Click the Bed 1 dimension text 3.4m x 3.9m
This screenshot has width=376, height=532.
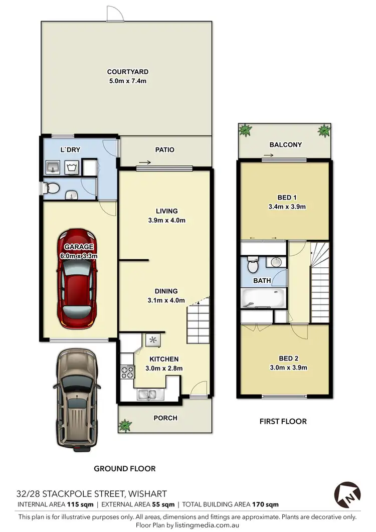coord(285,206)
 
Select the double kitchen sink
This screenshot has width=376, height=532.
coord(148,394)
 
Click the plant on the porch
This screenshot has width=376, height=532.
coord(125,426)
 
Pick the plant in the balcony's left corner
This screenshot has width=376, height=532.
coord(246,131)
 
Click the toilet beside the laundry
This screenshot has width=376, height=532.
coord(51,189)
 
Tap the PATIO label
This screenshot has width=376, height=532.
coord(164,149)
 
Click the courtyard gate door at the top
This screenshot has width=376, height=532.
coord(114,14)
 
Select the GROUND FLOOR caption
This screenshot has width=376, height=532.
coord(125,468)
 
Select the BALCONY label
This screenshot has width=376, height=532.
coord(285,145)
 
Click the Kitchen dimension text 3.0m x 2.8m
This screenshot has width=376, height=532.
coord(164,368)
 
